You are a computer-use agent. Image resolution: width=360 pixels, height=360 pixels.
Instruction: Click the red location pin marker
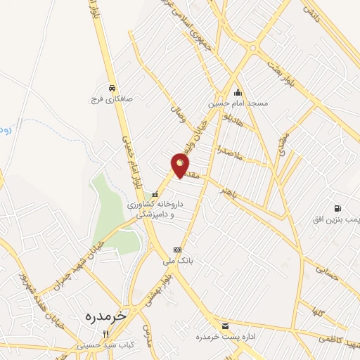click(x=181, y=166)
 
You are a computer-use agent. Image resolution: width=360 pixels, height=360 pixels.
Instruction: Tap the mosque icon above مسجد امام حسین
click(x=238, y=92)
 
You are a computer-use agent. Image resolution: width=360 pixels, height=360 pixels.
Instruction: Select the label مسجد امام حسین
click(x=238, y=103)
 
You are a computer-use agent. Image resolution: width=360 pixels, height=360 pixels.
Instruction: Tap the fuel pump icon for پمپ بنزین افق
click(x=338, y=208)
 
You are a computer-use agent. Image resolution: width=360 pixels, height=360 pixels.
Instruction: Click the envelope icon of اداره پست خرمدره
click(x=225, y=326)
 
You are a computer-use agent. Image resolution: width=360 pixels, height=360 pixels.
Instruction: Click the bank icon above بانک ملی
click(x=177, y=250)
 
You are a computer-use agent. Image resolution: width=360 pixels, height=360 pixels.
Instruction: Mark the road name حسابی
click(x=328, y=273)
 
